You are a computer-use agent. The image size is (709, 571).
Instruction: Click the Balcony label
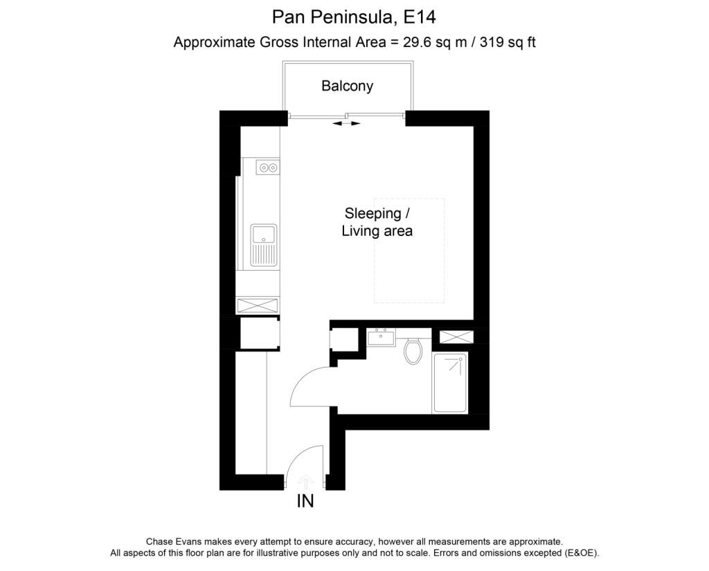click(347, 87)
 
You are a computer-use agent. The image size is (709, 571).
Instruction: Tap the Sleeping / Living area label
click(377, 222)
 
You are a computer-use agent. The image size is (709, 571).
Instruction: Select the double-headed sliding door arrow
click(346, 123)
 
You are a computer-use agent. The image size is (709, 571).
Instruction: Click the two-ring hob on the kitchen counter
click(267, 167)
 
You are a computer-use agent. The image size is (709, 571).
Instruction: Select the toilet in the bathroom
click(413, 351)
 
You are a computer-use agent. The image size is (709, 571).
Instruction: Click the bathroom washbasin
click(381, 338)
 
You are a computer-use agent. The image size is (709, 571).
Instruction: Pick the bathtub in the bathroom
click(450, 383)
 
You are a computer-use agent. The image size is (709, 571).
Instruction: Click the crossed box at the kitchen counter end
click(258, 305)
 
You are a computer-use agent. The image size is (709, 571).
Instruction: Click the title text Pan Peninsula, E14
click(354, 16)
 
